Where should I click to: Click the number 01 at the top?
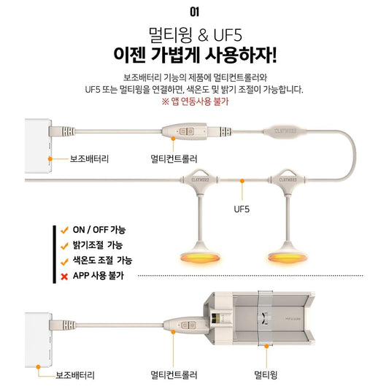coord(194,12)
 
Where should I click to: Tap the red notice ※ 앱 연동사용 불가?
coord(195,101)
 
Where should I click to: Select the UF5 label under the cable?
coord(242,209)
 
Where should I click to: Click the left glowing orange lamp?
coord(200,258)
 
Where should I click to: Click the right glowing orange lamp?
coord(288,258)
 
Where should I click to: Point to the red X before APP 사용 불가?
coord(64,277)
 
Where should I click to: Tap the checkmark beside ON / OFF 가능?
coord(64,230)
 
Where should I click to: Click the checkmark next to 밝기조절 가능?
coord(64,246)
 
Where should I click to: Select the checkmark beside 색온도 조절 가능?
coord(64,261)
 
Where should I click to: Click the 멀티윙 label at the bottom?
coord(266,374)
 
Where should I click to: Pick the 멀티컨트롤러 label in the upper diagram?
coord(174,159)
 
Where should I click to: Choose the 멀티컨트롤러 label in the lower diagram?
coord(174,374)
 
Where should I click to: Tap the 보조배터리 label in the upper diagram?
coord(89,159)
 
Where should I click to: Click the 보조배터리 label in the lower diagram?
coord(75,375)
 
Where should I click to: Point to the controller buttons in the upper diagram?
coord(187,131)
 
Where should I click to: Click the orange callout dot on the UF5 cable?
coord(242,181)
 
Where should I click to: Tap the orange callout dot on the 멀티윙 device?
coord(266,346)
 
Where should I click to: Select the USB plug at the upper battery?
coord(62,131)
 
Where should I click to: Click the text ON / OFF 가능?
coord(99,230)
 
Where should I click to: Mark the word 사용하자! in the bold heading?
coord(241,55)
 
